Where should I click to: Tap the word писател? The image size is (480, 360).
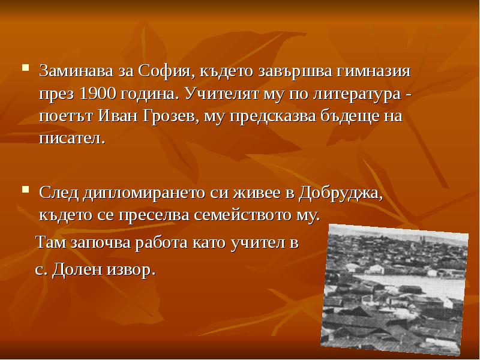tap(71, 138)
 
